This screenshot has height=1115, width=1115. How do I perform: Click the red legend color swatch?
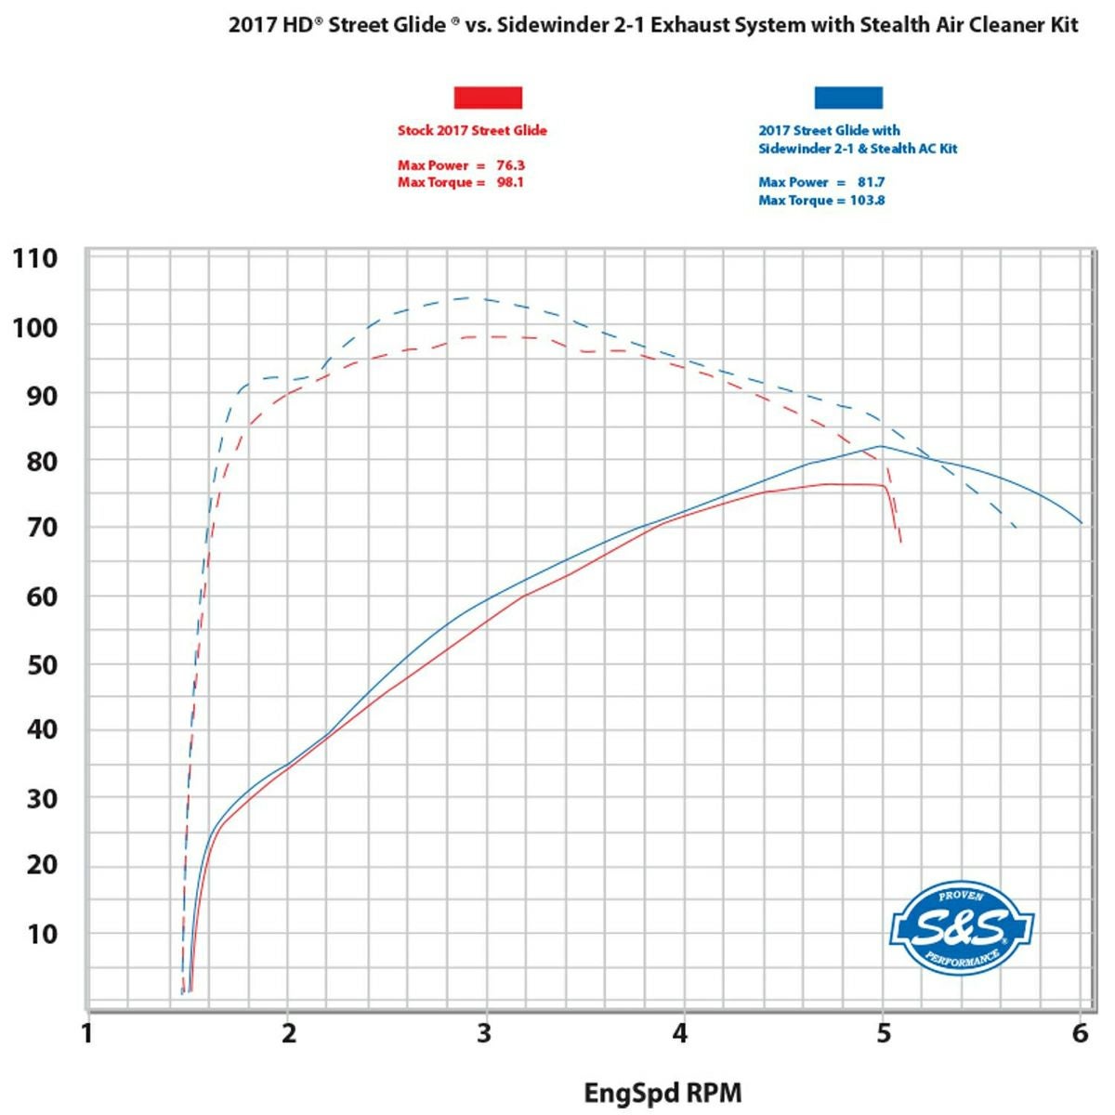pyautogui.click(x=488, y=98)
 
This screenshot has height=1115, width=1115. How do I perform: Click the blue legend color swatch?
pyautogui.click(x=848, y=98)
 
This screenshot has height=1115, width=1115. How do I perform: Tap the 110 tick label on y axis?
pyautogui.click(x=35, y=258)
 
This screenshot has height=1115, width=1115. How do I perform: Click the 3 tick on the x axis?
pyautogui.click(x=484, y=1033)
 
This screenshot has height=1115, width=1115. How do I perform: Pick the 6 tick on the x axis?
pyautogui.click(x=1080, y=1033)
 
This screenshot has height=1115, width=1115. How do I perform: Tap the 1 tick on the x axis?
pyautogui.click(x=87, y=1033)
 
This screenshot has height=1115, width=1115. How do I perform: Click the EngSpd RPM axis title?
pyautogui.click(x=662, y=1093)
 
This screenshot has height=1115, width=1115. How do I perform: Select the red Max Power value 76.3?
pyautogui.click(x=510, y=165)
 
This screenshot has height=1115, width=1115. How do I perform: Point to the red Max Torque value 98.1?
pyautogui.click(x=509, y=182)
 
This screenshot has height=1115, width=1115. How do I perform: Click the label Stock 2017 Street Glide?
pyautogui.click(x=472, y=131)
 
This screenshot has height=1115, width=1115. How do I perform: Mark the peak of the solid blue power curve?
pyautogui.click(x=881, y=446)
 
